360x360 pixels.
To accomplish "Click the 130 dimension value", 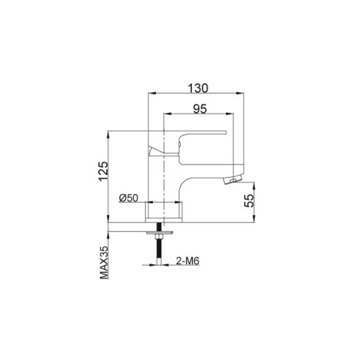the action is (x=198, y=88).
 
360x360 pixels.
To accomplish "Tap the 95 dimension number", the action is (x=200, y=109).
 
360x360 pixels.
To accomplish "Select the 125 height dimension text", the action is (x=103, y=171).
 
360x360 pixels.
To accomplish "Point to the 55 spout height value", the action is (x=250, y=200).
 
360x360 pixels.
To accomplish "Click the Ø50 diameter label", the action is (x=129, y=198).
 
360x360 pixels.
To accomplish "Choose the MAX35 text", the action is (x=104, y=263).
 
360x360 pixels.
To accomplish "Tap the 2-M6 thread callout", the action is (x=187, y=261).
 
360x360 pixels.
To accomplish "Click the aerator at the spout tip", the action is (x=233, y=180).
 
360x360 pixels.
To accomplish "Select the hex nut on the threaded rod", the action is (x=160, y=236).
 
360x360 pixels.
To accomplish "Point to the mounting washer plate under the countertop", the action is (x=160, y=233).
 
